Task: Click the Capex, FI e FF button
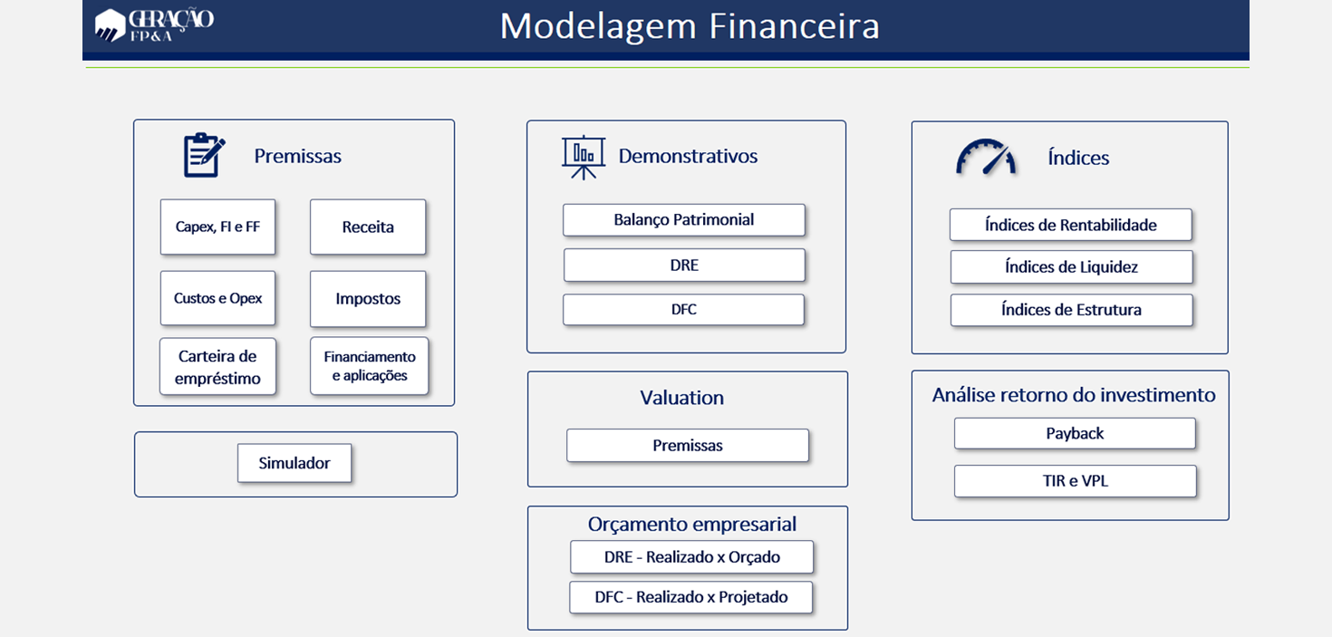click(217, 227)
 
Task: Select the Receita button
click(368, 227)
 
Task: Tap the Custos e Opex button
click(217, 298)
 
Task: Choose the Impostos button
click(368, 299)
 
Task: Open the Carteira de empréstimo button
click(217, 366)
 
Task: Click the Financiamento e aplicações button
click(370, 366)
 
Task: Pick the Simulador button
click(294, 463)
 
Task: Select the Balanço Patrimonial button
click(684, 220)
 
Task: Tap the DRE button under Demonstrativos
click(684, 265)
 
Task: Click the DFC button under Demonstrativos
click(684, 309)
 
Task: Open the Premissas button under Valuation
click(688, 446)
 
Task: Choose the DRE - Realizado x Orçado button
click(691, 556)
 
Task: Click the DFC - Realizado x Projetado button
click(691, 597)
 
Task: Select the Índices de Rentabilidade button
click(1071, 225)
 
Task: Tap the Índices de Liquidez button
click(1072, 267)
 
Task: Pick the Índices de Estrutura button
click(1072, 310)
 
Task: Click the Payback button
click(1075, 434)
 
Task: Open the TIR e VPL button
click(1075, 481)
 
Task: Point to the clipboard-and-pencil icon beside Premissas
click(204, 155)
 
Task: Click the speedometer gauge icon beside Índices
click(986, 157)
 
